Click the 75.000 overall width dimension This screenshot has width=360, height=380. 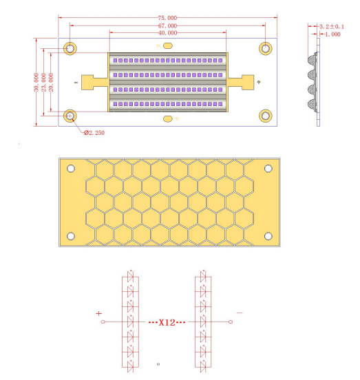(167, 17)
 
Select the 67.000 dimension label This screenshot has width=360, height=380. (167, 25)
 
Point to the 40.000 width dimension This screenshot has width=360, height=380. (167, 32)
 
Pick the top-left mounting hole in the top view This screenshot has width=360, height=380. (70, 48)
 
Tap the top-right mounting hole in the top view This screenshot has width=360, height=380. (266, 48)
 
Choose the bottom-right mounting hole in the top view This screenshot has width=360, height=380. (266, 116)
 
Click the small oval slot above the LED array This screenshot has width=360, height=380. (167, 45)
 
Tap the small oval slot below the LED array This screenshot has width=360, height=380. (167, 118)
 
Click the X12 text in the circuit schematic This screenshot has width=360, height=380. (167, 322)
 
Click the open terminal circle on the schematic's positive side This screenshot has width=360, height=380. (103, 322)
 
